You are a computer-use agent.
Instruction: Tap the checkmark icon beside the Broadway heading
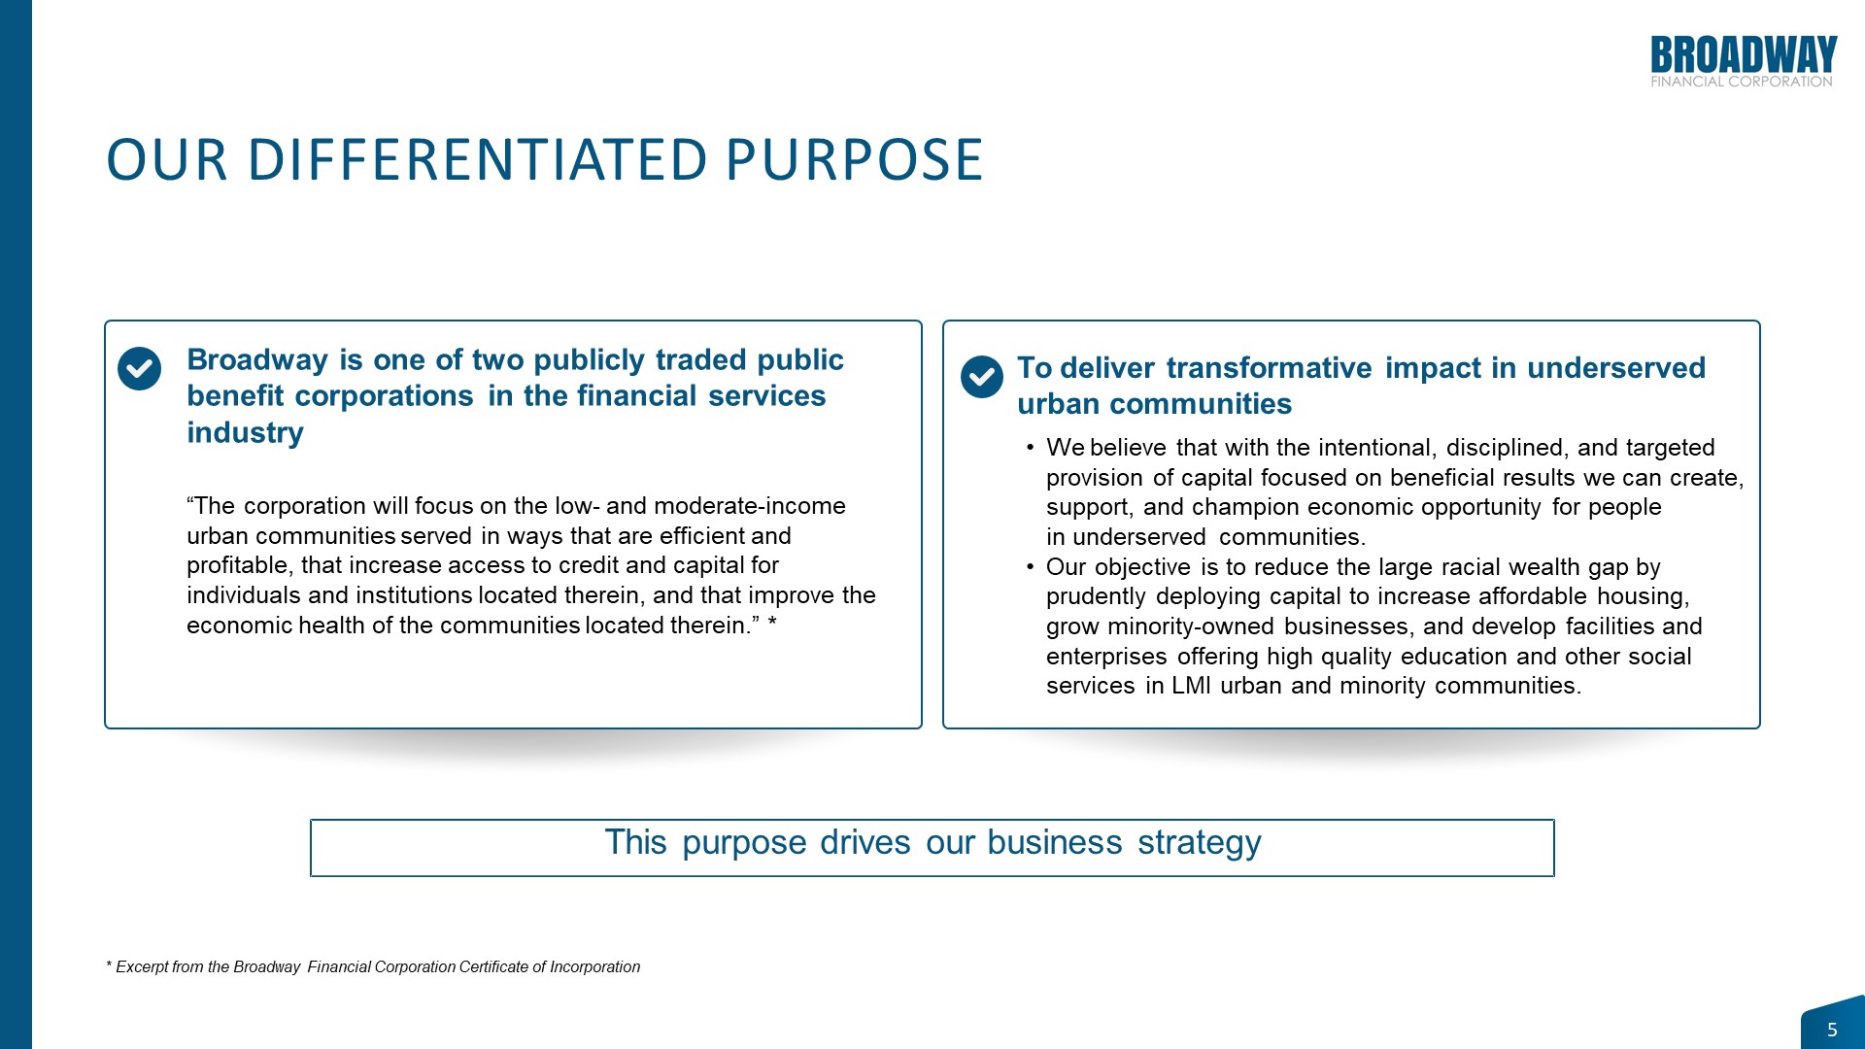pos(139,369)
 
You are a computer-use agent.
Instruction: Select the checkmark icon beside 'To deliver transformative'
pos(982,377)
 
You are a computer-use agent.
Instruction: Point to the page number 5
pos(1832,1030)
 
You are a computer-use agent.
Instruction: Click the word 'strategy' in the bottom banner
pos(1200,842)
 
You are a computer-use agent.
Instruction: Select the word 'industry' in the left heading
pos(245,432)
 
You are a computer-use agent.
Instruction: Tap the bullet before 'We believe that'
pos(1030,448)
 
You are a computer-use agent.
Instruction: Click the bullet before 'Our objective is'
pos(1030,566)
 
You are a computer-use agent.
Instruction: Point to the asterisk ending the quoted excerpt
pos(772,623)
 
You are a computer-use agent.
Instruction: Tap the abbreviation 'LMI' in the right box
pos(1191,686)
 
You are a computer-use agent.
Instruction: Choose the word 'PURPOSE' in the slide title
pos(855,160)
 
